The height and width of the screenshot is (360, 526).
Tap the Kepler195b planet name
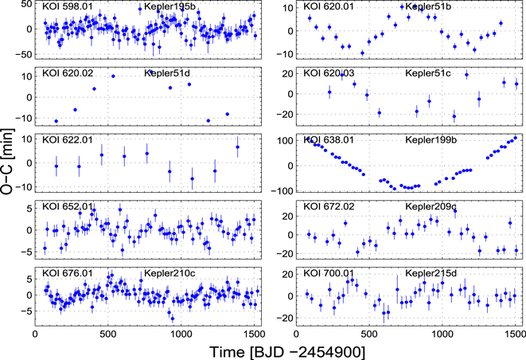tap(169, 7)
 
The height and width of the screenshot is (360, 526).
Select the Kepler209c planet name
tap(432, 207)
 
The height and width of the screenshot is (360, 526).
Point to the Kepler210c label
tap(169, 274)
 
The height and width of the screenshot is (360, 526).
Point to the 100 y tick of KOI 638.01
tap(286, 141)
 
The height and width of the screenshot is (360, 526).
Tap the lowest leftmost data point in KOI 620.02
tap(56, 121)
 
